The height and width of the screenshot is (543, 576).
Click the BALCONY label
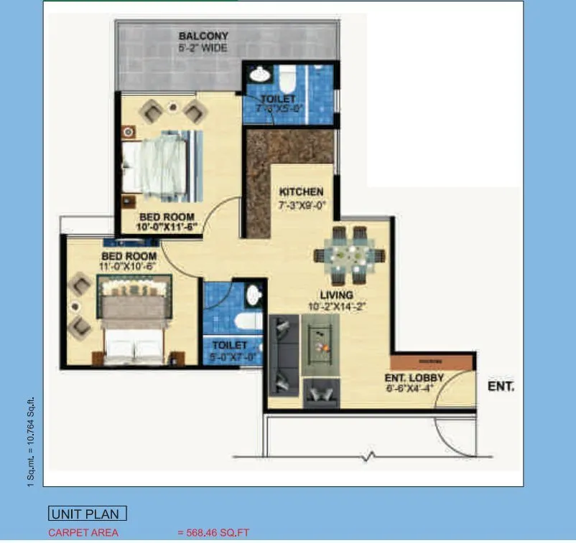[x=203, y=36]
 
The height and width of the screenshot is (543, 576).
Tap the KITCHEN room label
[x=301, y=192]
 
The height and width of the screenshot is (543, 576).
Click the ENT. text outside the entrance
[x=501, y=386]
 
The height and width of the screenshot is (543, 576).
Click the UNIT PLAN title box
[x=88, y=514]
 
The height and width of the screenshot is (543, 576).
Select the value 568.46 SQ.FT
[x=213, y=533]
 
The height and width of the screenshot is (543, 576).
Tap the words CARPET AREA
[x=83, y=533]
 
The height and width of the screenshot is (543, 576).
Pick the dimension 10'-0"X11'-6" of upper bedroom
[x=168, y=227]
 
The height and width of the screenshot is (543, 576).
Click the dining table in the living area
[x=349, y=255]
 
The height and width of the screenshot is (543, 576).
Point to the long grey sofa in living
[x=283, y=355]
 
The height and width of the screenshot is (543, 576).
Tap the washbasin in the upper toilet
[x=257, y=75]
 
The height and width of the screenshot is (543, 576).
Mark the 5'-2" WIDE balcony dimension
[x=203, y=49]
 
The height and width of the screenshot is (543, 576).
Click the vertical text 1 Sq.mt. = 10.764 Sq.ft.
[x=30, y=443]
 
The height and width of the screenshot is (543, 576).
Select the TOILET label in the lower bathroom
[x=230, y=345]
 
